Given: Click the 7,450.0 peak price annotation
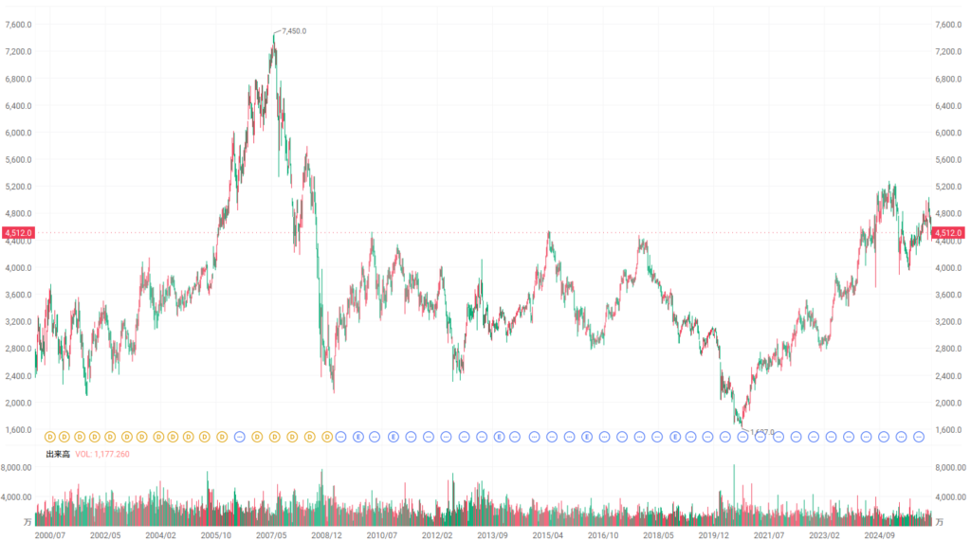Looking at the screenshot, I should tap(294, 31).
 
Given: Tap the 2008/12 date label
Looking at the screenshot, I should tap(326, 535).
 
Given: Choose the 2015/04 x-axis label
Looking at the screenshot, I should tap(548, 535).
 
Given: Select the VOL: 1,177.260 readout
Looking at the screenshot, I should tap(102, 454).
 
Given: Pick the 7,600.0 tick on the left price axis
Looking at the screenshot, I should tap(18, 25).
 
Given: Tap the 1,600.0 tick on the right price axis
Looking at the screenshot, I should tap(948, 430).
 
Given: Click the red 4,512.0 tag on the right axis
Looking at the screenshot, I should tap(948, 233).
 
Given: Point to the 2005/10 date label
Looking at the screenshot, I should tap(215, 535).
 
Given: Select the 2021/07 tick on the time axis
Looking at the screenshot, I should tap(770, 535).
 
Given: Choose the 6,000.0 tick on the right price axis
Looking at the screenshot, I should tap(948, 133).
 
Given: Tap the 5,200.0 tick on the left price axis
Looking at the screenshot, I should tap(18, 187).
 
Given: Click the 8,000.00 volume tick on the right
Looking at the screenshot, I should tap(949, 468).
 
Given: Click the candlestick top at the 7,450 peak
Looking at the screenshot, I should tap(274, 34).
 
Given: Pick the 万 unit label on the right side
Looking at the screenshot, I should tap(941, 522).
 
